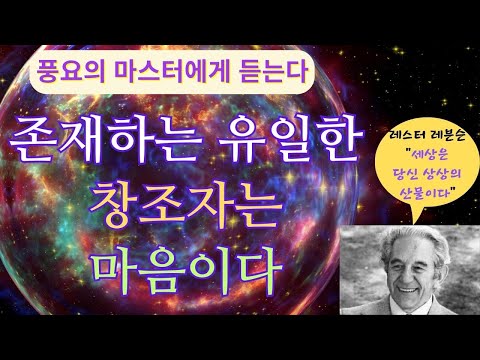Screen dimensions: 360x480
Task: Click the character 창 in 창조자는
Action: tap(120, 205)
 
